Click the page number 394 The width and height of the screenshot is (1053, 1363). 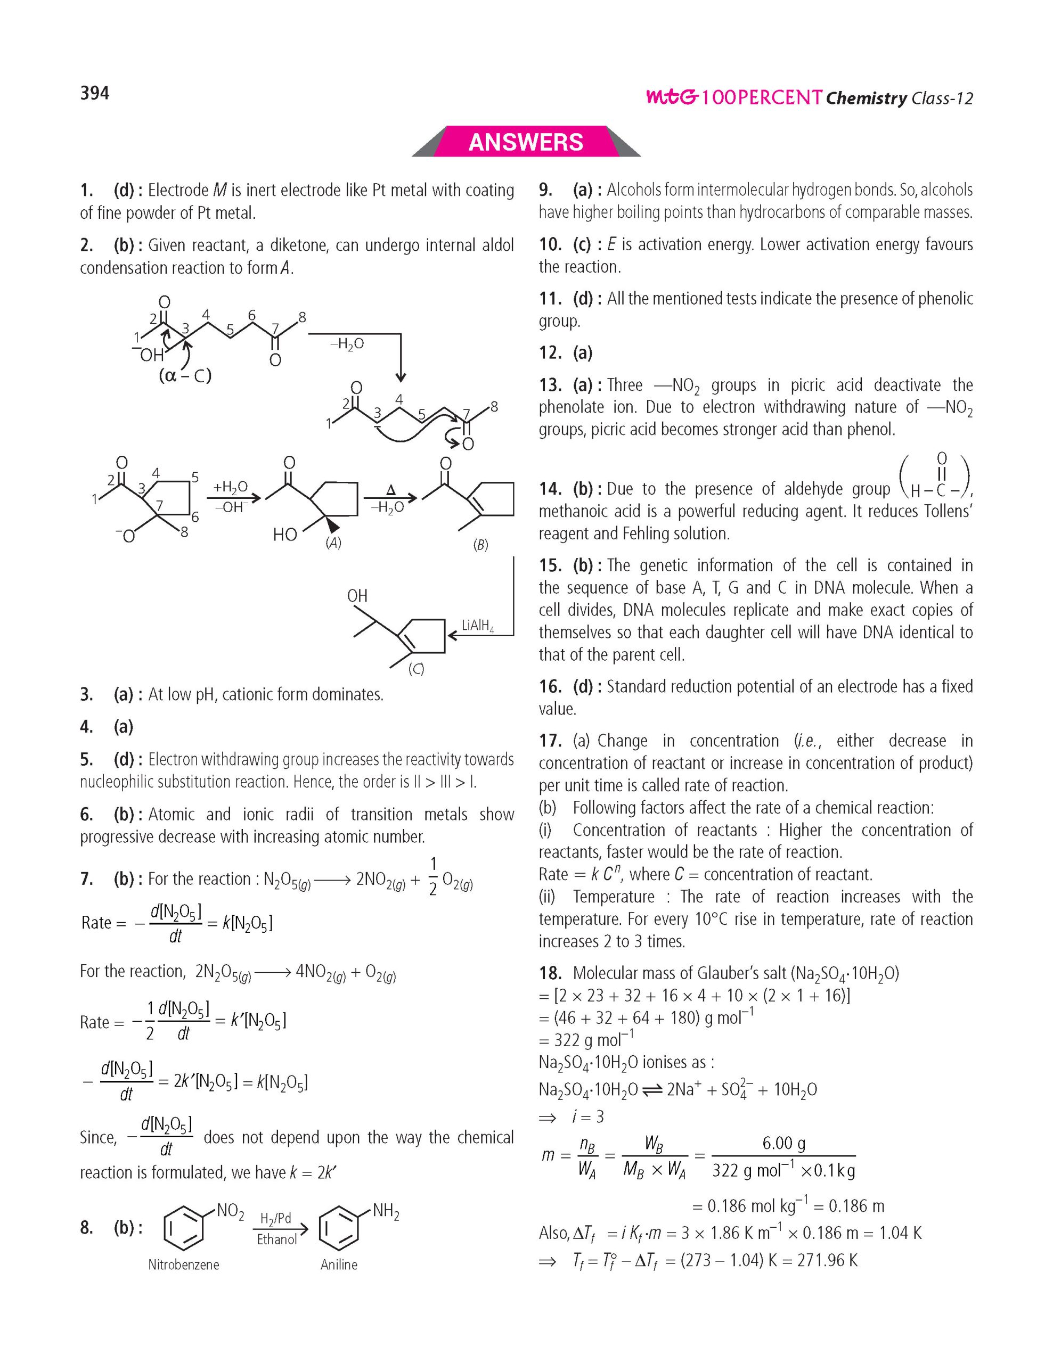(94, 93)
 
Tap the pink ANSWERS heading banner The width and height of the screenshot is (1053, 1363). (526, 142)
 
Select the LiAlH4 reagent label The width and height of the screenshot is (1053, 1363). (478, 626)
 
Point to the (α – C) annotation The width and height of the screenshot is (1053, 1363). (185, 376)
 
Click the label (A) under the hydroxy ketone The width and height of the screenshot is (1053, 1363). (333, 543)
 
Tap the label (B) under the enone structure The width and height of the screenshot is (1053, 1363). (480, 545)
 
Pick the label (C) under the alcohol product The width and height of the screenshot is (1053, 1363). (415, 669)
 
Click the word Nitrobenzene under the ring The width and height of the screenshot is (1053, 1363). (184, 1265)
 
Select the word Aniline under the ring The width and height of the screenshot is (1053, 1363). (339, 1265)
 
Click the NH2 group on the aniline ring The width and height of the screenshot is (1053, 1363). (385, 1212)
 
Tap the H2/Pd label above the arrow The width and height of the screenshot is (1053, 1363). (275, 1218)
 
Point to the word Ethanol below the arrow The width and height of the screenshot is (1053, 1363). (277, 1239)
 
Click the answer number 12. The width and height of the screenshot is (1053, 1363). (550, 353)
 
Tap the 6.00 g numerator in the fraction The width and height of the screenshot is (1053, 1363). (783, 1143)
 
